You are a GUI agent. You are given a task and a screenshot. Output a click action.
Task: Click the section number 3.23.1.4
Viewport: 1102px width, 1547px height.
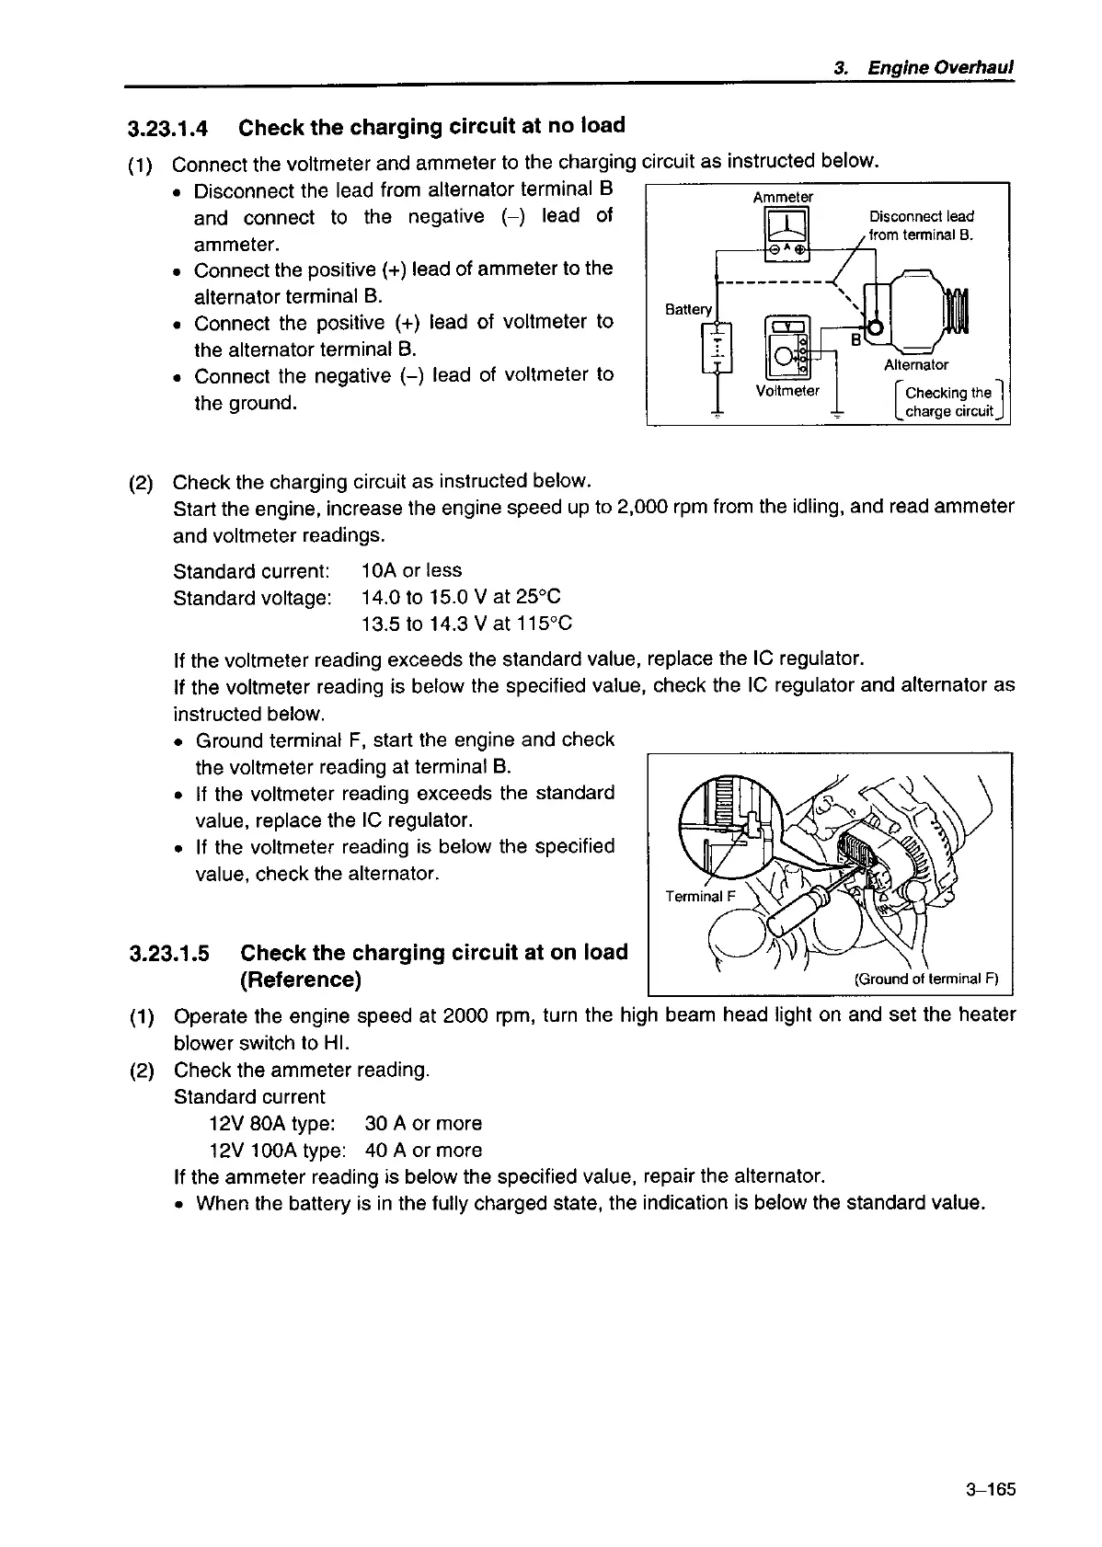tap(168, 128)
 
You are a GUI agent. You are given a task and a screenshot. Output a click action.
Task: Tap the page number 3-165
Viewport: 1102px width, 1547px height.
tap(990, 1491)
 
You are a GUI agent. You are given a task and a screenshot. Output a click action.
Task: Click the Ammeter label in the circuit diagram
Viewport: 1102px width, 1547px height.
tap(783, 197)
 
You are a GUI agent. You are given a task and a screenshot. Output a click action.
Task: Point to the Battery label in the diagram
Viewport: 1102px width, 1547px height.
tap(689, 309)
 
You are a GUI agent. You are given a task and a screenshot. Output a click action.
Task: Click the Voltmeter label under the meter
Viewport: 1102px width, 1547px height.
tap(787, 391)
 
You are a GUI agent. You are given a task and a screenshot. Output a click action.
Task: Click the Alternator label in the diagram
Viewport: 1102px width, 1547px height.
tap(916, 365)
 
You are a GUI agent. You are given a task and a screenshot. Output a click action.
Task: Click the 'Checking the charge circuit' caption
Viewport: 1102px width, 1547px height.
tap(949, 402)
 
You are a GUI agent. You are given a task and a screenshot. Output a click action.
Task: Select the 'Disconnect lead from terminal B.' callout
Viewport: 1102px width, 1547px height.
tap(922, 225)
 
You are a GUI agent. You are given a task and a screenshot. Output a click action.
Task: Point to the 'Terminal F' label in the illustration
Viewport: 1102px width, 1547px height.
tap(701, 897)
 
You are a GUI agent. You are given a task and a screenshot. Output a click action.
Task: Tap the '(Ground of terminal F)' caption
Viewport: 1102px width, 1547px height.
tap(926, 978)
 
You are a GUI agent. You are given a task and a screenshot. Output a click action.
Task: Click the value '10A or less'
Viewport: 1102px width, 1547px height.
tap(412, 570)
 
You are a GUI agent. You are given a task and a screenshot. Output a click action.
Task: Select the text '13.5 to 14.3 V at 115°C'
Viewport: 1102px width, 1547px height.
tap(466, 624)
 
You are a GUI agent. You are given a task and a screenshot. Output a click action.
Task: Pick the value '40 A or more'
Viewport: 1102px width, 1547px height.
tap(423, 1150)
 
